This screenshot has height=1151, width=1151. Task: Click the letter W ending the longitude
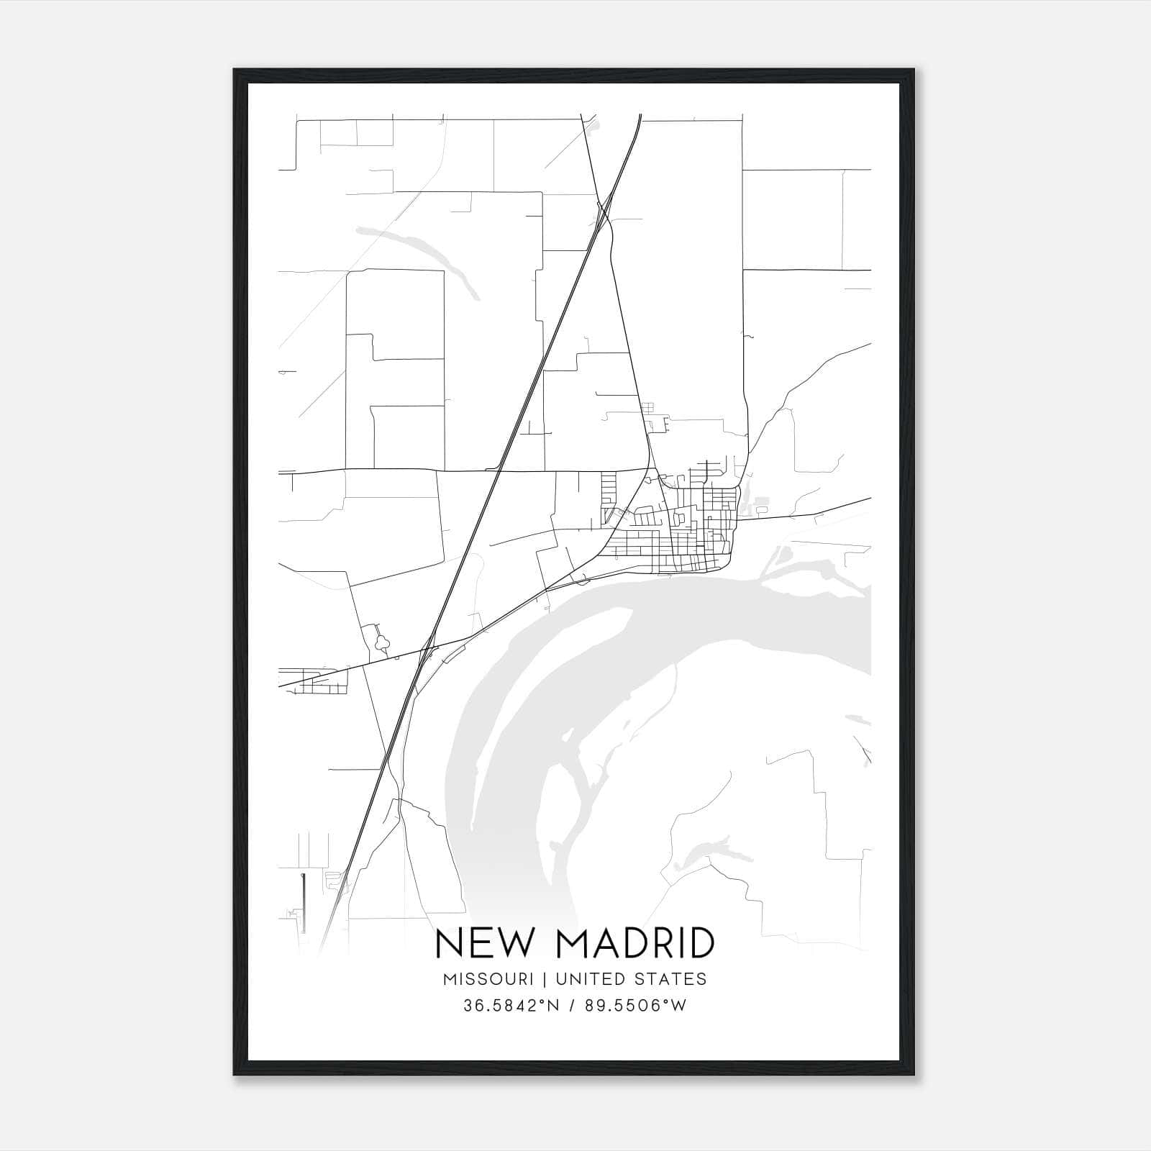[x=680, y=1006]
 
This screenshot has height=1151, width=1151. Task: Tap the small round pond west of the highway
[x=382, y=638]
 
